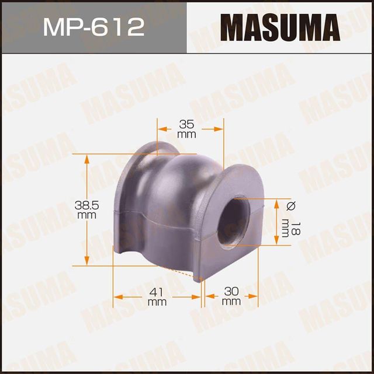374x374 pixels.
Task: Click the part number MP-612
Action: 93,26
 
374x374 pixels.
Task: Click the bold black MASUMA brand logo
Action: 280,26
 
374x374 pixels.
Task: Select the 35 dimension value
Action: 186,124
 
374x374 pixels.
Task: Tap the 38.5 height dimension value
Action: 85,205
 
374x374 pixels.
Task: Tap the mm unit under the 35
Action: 186,134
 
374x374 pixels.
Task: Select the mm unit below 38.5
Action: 85,215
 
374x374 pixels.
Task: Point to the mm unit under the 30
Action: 231,302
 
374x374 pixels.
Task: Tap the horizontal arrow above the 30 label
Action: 230,296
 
